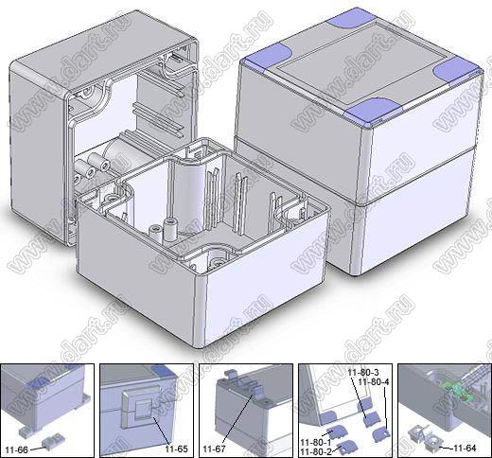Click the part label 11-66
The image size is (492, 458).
click(17, 449)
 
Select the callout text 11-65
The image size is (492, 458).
click(176, 449)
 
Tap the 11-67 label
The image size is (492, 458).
click(214, 449)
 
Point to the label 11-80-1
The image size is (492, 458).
click(316, 442)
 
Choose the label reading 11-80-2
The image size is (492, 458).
click(316, 451)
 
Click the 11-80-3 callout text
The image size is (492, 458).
click(363, 372)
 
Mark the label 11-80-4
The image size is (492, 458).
click(374, 382)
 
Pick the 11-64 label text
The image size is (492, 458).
click(465, 448)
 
